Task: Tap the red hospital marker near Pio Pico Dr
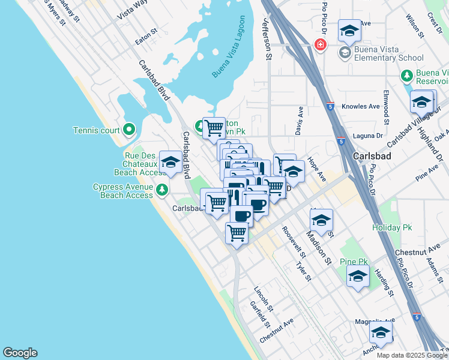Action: coord(321,45)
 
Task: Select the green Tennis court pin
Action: coord(128,130)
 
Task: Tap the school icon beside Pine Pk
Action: coord(358,277)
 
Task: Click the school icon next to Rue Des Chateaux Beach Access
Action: coord(170,162)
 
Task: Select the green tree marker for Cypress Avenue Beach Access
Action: coord(161,190)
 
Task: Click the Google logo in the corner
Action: coord(20,353)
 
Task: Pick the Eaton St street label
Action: coord(146,37)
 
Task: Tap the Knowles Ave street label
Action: coord(361,107)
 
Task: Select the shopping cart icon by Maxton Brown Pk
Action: coord(214,128)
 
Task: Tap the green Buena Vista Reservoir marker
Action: coord(407,77)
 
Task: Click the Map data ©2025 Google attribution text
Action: coord(412,355)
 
